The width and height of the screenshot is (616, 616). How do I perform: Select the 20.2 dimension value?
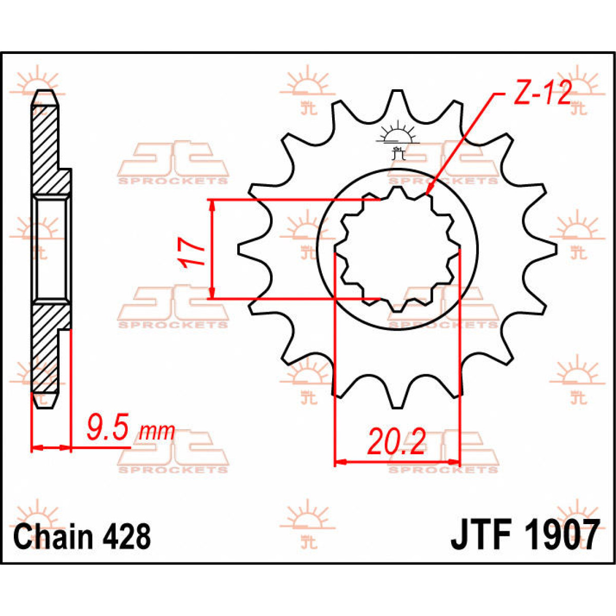[x=396, y=442]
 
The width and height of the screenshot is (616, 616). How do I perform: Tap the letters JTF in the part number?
[x=480, y=535]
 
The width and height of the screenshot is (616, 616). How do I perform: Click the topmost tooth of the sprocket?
[x=397, y=100]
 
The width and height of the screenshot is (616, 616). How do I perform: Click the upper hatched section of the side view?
[x=46, y=149]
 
